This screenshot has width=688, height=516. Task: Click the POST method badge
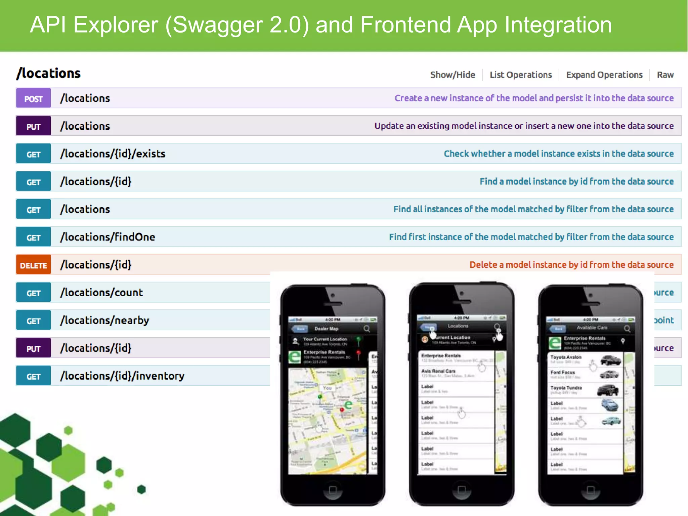pos(33,98)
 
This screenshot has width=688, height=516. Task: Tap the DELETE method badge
pos(33,265)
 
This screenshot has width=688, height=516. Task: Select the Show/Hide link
pos(453,75)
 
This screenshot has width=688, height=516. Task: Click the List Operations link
pos(520,75)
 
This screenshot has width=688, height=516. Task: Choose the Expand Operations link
pos(604,75)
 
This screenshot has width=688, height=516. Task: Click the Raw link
pos(665,75)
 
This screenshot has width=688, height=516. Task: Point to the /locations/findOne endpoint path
pos(107,237)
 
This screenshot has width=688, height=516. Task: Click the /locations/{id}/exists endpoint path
pos(113,154)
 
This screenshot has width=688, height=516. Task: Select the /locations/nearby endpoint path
pos(104,320)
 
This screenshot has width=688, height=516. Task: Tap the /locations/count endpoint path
pos(101,293)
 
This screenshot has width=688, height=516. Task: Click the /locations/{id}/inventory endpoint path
pos(122,376)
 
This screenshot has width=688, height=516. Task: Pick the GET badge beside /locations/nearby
pos(33,321)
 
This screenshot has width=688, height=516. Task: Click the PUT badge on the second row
pos(33,126)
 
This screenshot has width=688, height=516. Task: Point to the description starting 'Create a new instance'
pos(534,98)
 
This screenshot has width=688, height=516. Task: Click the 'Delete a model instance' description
pos(571,265)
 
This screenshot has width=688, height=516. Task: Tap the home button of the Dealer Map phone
pos(333,489)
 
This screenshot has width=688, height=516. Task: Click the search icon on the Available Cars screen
pos(627,328)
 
